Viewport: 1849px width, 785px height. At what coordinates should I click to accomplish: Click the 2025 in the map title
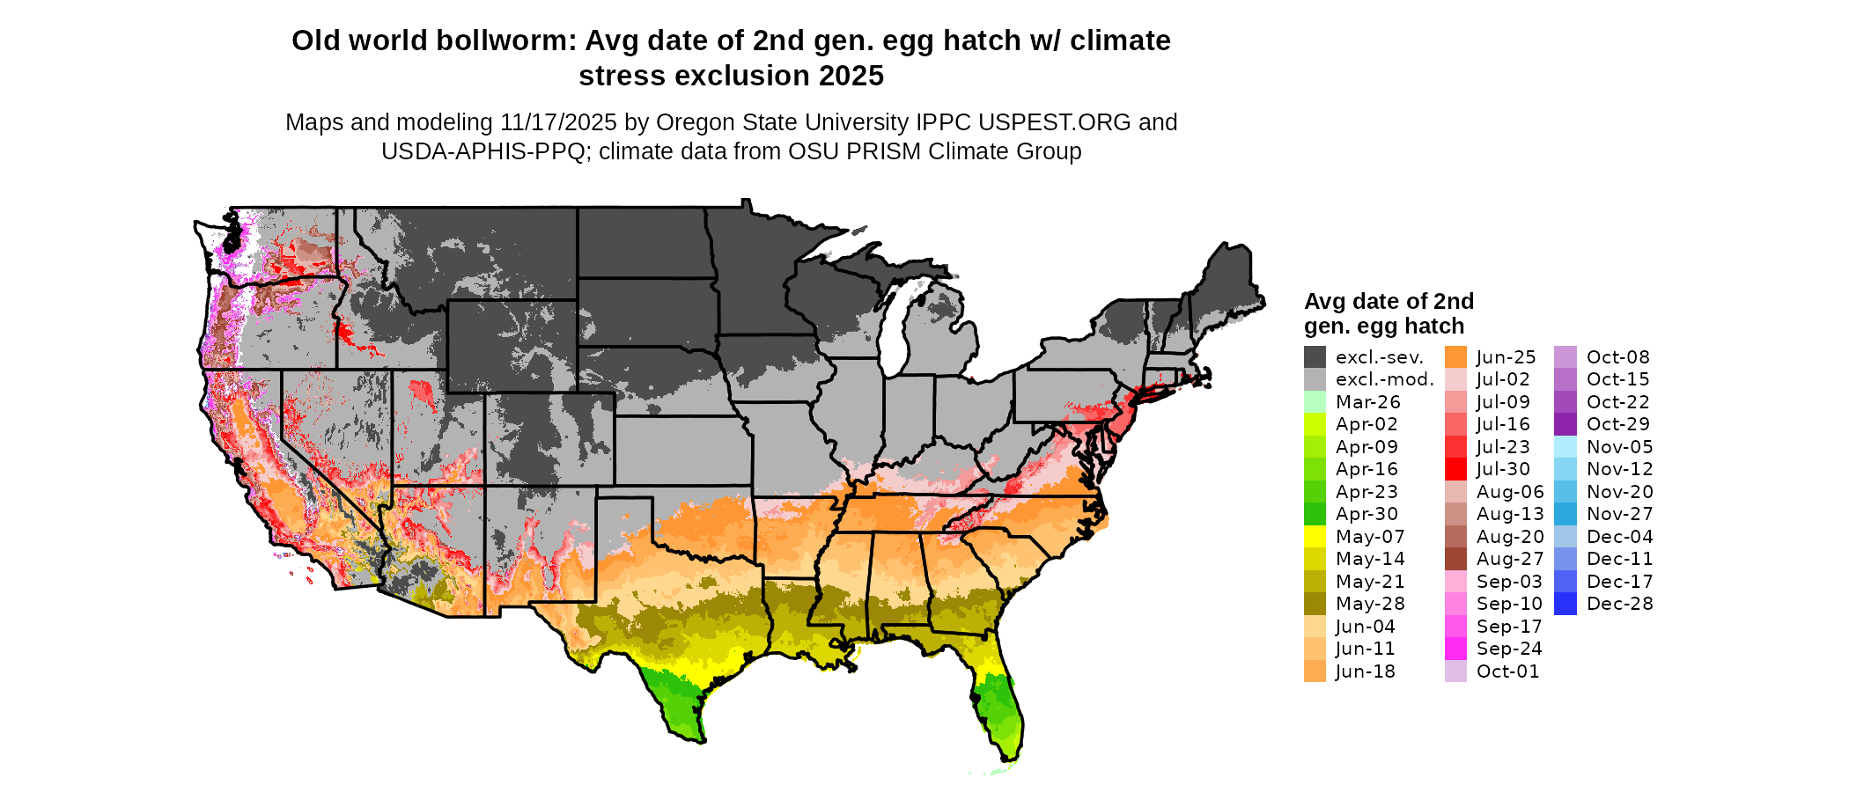(x=851, y=77)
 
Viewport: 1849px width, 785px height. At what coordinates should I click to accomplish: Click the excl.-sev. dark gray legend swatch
(x=1315, y=357)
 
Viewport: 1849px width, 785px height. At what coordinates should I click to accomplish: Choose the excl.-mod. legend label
(x=1384, y=380)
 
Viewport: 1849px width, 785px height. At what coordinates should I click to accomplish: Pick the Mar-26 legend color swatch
(x=1315, y=402)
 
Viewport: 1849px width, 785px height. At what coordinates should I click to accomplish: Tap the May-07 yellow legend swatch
(x=1315, y=537)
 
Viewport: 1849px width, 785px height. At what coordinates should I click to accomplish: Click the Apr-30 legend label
(x=1366, y=515)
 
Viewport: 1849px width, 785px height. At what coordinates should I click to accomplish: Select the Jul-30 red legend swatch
(x=1456, y=470)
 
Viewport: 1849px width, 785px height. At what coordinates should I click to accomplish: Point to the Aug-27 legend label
(x=1509, y=560)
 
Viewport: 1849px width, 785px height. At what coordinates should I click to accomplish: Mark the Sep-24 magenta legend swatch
(x=1456, y=649)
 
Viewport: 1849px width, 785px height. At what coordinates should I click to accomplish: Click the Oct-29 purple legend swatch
(x=1565, y=425)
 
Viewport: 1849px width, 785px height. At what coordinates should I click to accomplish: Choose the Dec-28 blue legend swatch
(x=1565, y=605)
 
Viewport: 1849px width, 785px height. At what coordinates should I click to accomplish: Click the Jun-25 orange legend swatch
(x=1456, y=357)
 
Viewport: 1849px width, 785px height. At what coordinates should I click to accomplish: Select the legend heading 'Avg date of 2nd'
(x=1389, y=302)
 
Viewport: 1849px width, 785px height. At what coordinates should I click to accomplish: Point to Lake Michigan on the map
(x=894, y=330)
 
